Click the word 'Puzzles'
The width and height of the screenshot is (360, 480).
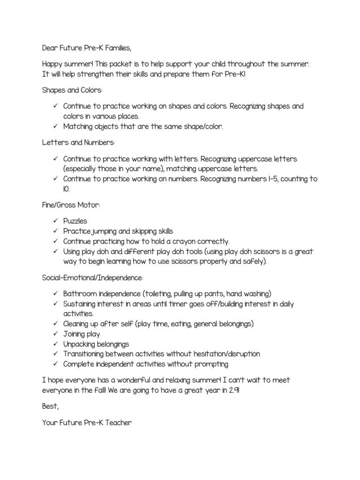[x=75, y=221]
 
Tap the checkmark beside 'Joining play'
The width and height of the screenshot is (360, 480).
[x=54, y=334]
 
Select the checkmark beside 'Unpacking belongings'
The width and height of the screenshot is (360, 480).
[x=54, y=344]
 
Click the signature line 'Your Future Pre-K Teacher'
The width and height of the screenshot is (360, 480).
[x=87, y=423]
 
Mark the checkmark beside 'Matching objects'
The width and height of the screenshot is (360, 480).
[x=54, y=127]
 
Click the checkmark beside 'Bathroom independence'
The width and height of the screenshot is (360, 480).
[x=54, y=294]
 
